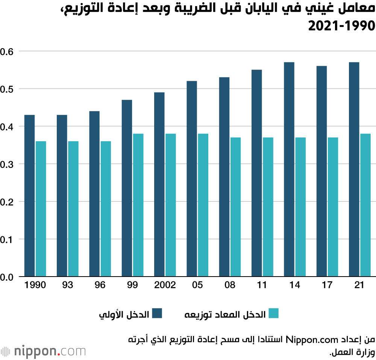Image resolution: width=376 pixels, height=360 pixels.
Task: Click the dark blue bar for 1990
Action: point(30,196)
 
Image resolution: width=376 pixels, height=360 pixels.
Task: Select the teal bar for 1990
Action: point(41,209)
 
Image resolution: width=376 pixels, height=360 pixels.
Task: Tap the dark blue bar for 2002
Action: point(159,185)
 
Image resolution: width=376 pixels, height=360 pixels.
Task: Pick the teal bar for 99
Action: point(138,205)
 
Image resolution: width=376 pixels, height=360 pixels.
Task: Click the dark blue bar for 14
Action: point(289,169)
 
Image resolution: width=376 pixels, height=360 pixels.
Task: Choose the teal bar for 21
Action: point(365,205)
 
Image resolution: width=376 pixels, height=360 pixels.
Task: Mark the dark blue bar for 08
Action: point(224,177)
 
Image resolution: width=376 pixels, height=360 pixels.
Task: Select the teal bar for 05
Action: point(203,205)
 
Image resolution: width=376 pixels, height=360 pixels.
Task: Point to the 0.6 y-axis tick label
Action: point(8,51)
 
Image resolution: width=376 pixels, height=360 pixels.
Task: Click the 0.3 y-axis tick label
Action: point(8,164)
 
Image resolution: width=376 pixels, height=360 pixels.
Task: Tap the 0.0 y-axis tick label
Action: point(8,277)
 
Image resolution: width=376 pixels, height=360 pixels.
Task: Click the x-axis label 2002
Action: point(165,285)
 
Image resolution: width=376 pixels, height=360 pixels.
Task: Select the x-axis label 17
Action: point(327,285)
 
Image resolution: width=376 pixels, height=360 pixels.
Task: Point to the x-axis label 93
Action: point(68,285)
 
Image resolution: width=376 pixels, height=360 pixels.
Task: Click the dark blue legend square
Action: point(157,313)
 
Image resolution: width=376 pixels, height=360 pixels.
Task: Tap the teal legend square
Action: point(273,313)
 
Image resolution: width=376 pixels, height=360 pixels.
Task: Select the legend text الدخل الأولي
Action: point(124,314)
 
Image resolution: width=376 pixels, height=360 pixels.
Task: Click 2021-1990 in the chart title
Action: point(342,26)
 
